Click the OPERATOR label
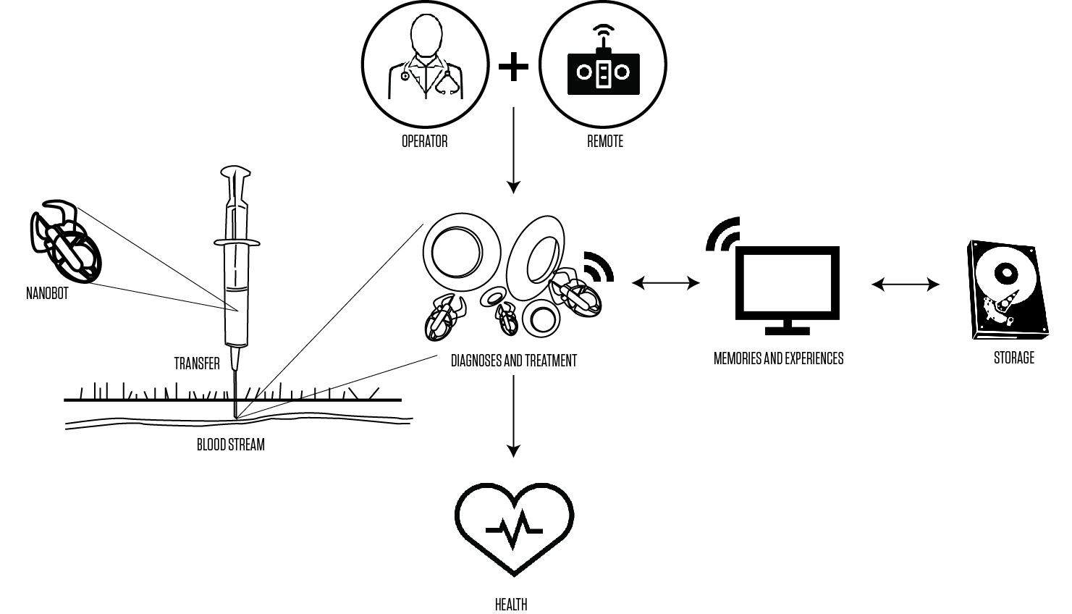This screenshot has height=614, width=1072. point(424,141)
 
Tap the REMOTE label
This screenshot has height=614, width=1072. point(604,141)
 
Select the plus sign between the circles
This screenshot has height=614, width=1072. point(513,67)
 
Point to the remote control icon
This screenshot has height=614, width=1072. point(604,69)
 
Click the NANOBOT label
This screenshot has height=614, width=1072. point(47,294)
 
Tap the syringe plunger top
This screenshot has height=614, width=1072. point(235,175)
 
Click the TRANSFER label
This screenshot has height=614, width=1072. point(197,363)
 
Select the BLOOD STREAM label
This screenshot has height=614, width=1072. point(231,445)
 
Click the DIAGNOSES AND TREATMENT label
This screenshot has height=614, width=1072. point(513,360)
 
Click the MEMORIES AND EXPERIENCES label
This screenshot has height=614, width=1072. point(778,358)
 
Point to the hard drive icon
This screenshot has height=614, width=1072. point(1008,290)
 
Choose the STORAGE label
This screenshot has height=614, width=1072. point(1013,358)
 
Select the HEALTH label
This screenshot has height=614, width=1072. point(511,604)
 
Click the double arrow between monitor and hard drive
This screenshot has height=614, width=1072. point(905,285)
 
